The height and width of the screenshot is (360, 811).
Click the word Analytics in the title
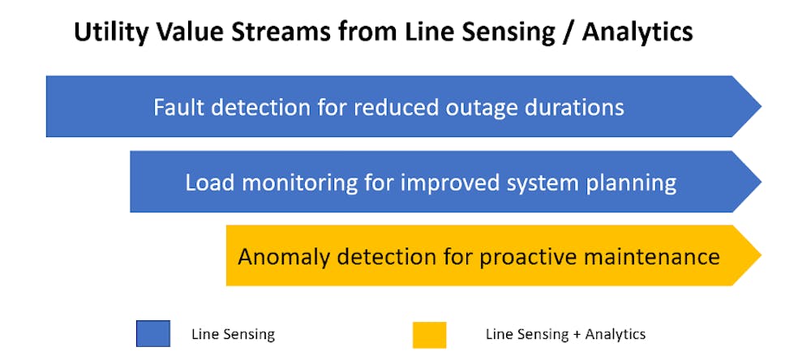[637, 32]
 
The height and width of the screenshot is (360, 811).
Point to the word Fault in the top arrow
[178, 108]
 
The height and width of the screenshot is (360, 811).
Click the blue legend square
[153, 333]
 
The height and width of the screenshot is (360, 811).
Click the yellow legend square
[430, 335]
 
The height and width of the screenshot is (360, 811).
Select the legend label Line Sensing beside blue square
[233, 335]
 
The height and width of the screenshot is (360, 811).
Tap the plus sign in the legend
[577, 335]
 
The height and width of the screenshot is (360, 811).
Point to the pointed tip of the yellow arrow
[762, 255]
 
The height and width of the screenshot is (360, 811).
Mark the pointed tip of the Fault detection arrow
[762, 106]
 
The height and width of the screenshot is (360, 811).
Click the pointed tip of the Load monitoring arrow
[762, 182]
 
